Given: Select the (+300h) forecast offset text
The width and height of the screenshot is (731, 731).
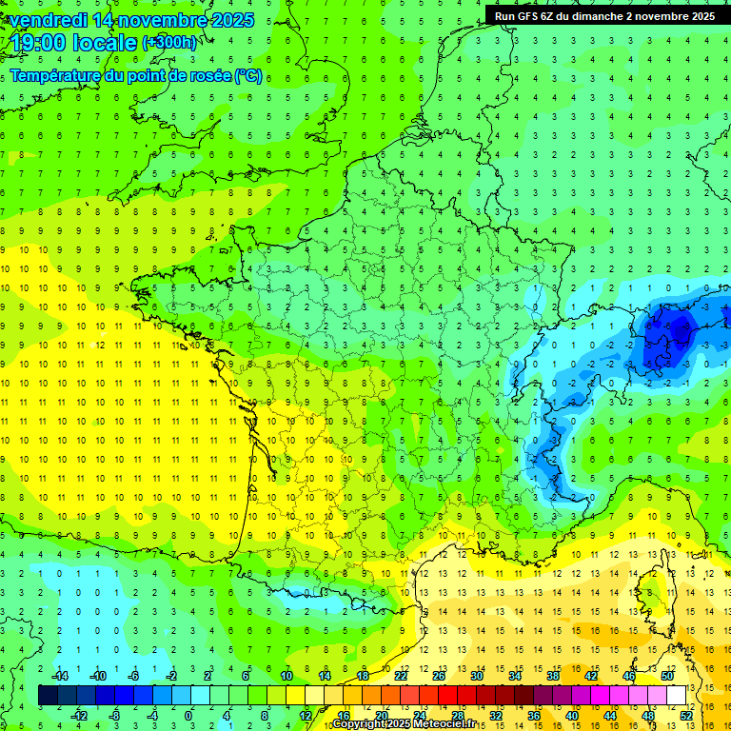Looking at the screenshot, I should (170, 43).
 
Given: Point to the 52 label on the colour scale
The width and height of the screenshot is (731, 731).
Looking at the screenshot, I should (687, 715).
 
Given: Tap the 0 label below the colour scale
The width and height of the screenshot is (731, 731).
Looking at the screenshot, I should (188, 715).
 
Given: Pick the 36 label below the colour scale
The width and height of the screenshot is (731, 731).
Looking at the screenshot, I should (535, 715).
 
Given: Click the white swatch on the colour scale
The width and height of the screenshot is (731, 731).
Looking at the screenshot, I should (677, 696).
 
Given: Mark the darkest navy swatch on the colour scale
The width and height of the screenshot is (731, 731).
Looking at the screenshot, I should (48, 696).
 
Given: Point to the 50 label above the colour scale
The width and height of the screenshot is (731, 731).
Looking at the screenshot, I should (667, 676).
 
